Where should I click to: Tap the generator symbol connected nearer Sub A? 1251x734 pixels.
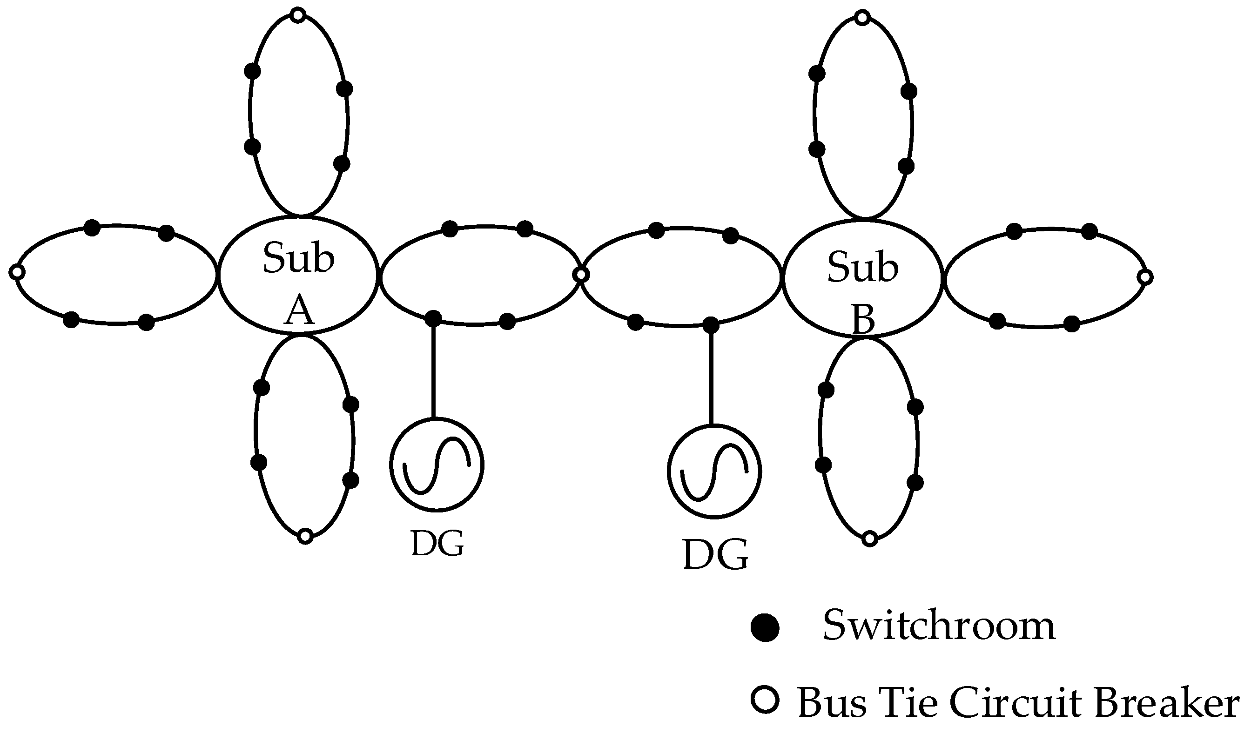437,465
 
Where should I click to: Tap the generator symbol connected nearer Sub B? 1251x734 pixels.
714,471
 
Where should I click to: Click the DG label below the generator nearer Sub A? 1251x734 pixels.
437,543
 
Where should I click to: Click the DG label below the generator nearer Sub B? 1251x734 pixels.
715,554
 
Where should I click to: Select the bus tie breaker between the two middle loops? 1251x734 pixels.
581,275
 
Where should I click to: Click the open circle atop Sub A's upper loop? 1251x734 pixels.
297,15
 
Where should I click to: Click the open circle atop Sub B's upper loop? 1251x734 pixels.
863,18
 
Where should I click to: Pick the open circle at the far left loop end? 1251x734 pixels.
17,272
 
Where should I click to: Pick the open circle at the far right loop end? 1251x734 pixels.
1145,277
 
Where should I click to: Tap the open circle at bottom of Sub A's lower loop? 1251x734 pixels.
305,536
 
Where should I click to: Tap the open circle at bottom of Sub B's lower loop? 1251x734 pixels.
869,539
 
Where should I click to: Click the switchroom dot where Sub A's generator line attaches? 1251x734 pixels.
433,318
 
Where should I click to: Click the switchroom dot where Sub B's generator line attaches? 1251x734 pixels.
711,325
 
